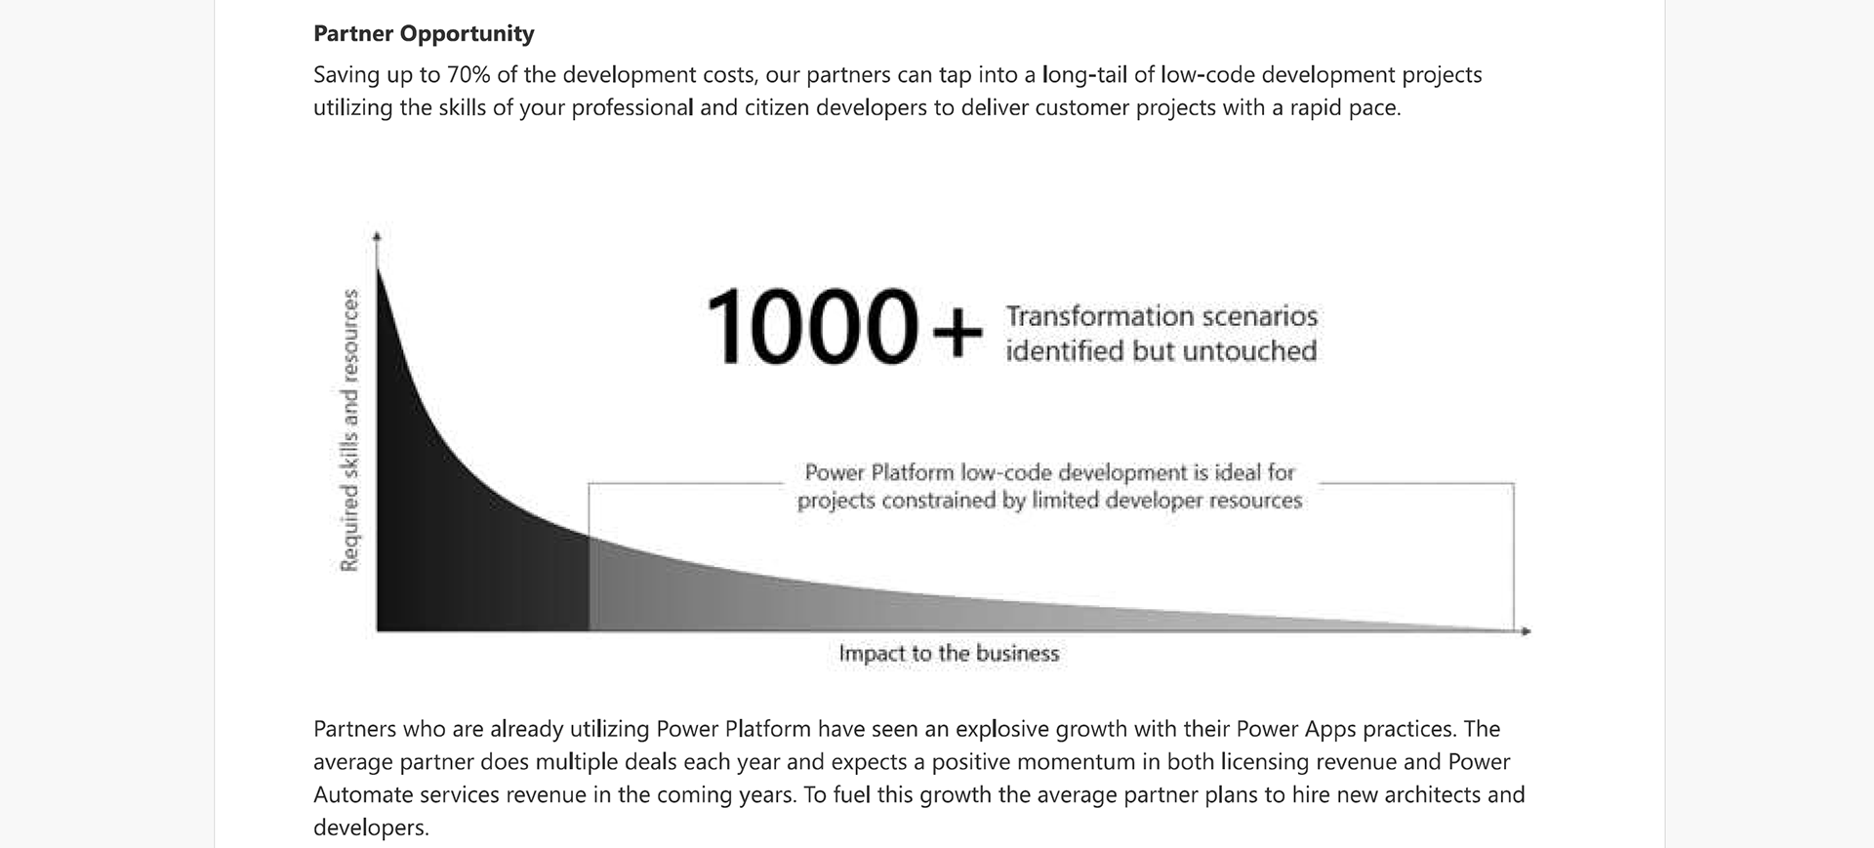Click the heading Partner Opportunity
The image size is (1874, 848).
coord(424,34)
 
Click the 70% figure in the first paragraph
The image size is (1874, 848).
coord(468,75)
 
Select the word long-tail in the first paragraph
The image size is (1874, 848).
coord(1083,75)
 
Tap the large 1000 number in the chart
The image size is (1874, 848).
coord(810,327)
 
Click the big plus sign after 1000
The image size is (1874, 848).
coord(957,332)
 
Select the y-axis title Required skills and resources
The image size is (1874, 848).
coord(348,429)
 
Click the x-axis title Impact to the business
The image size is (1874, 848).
coord(949,654)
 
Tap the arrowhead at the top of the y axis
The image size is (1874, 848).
coord(377,235)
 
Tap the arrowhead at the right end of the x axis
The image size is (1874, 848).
coord(1526,631)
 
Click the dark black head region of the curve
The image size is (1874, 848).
coord(439,546)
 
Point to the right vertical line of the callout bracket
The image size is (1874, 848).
coord(1514,556)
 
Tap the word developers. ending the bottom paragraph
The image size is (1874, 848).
coord(371,828)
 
